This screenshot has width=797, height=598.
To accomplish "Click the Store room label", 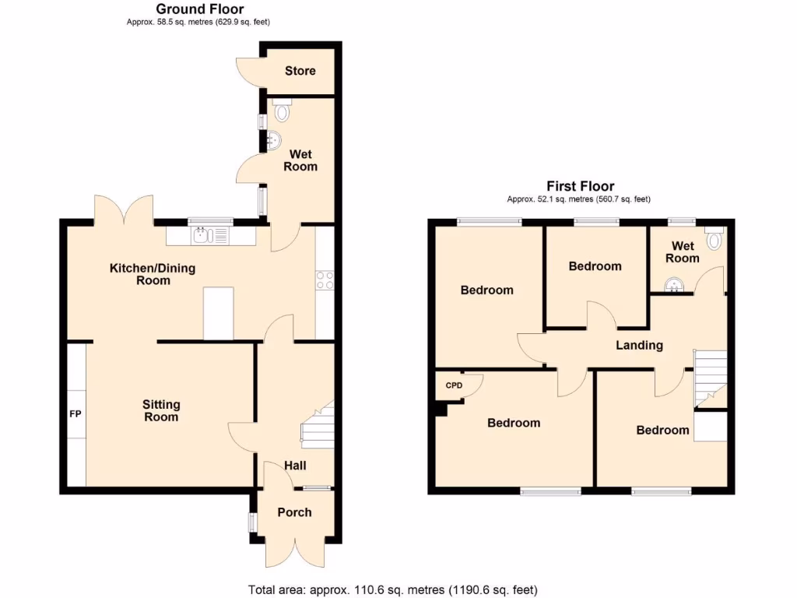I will (300, 71).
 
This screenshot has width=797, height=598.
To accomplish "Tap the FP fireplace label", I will (75, 413).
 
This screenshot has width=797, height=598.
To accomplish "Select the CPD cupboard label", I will (454, 385).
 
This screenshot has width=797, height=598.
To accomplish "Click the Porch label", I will (294, 512).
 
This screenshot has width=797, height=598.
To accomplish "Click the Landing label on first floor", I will (639, 345).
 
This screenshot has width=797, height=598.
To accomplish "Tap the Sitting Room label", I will (161, 410).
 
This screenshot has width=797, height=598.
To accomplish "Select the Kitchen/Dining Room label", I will (153, 274).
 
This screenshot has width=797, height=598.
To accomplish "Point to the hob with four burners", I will (325, 280).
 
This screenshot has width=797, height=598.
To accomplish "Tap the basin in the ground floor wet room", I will (273, 141).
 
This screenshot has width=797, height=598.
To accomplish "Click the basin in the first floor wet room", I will (672, 285).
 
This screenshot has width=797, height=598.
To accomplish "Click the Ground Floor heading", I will (199, 9).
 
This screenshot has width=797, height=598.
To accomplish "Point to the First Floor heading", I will (579, 186).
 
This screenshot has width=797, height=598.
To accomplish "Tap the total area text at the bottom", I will (392, 589).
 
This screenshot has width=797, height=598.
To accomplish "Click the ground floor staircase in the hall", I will (318, 426).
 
